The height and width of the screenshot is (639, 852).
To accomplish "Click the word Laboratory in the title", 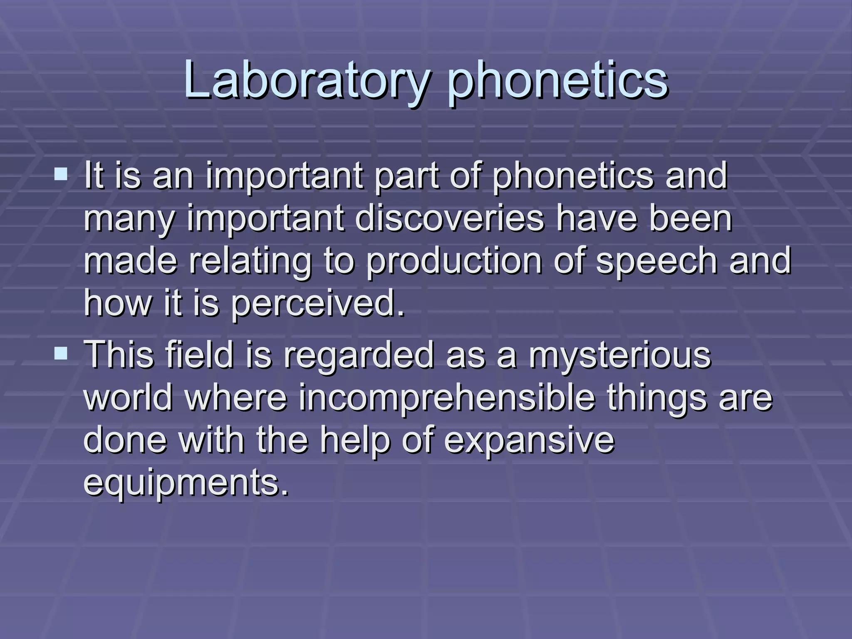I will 305,80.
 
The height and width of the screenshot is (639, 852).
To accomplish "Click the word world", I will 128,398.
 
